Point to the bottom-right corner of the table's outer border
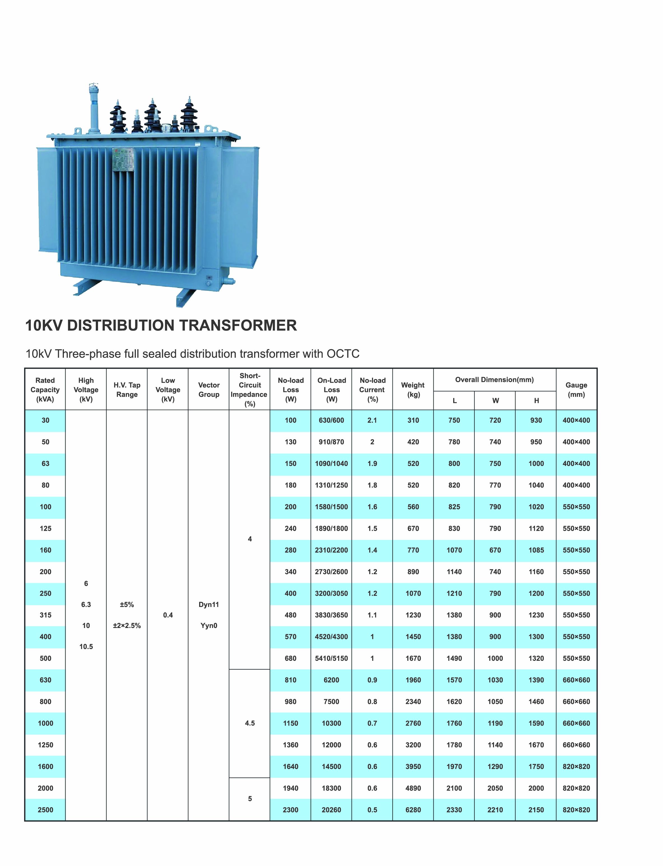tap(597, 821)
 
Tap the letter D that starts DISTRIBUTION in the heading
tap(73, 325)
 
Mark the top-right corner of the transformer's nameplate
tap(135, 149)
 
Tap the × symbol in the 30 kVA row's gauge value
tap(576, 421)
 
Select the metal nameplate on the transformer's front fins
tap(124, 160)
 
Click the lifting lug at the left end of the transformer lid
tap(77, 131)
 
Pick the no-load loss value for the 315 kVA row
tap(290, 615)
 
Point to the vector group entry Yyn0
tap(209, 625)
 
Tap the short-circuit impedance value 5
tap(250, 798)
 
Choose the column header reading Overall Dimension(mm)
tap(494, 380)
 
